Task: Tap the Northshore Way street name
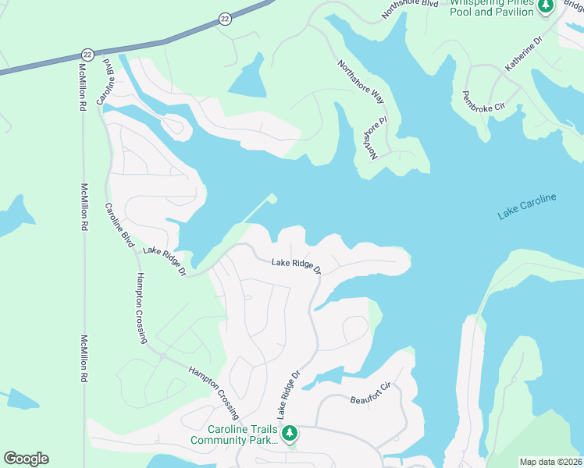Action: [x=361, y=82]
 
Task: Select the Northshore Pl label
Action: [x=369, y=139]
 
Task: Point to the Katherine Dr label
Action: [x=523, y=54]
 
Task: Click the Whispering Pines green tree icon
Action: [x=547, y=6]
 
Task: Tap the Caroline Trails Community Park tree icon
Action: [x=290, y=431]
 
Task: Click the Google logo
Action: [x=26, y=459]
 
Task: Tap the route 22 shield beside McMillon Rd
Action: [x=87, y=55]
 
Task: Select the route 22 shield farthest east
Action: [x=225, y=19]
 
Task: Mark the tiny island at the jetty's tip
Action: [x=273, y=198]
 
